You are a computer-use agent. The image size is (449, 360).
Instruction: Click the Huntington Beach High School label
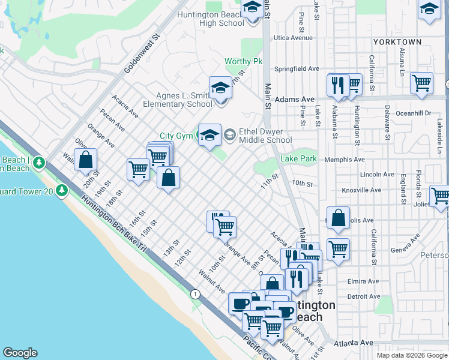pyautogui.click(x=214, y=18)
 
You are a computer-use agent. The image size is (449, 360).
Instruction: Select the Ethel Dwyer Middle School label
pyautogui.click(x=265, y=136)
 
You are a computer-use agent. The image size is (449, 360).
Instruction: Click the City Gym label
pyautogui.click(x=176, y=136)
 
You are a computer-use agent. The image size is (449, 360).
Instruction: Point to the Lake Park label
pyautogui.click(x=298, y=158)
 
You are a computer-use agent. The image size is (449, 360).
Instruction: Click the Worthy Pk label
pyautogui.click(x=244, y=61)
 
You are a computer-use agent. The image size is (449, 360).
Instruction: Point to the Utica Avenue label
pyautogui.click(x=293, y=37)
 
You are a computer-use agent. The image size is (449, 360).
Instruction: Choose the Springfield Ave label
pyautogui.click(x=297, y=68)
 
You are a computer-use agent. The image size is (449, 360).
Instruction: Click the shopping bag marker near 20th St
pyautogui.click(x=86, y=160)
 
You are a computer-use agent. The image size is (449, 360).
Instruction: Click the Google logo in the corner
pyautogui.click(x=20, y=353)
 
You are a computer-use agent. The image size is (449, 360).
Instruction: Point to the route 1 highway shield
pyautogui.click(x=195, y=294)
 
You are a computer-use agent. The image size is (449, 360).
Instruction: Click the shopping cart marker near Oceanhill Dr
pyautogui.click(x=422, y=82)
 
